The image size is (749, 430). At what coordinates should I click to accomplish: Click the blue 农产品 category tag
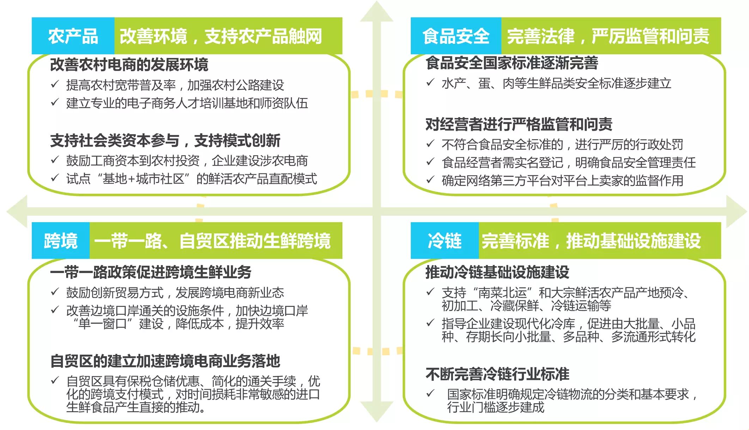(73, 36)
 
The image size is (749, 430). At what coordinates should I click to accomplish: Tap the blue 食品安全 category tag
(456, 36)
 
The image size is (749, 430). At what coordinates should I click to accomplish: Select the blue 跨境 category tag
(61, 241)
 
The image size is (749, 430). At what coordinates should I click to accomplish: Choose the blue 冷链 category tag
(444, 241)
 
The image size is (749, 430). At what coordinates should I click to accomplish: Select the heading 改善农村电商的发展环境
(129, 64)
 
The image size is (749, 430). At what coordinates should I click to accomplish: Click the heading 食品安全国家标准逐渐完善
(512, 63)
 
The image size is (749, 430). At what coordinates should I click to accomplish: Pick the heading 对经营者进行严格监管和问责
(519, 124)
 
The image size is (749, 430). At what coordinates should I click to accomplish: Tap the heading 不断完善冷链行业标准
(497, 374)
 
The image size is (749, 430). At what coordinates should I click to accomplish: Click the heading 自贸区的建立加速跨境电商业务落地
(165, 361)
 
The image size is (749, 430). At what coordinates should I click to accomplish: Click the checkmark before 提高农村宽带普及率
(55, 84)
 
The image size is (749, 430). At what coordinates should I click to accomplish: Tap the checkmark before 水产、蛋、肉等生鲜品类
(430, 82)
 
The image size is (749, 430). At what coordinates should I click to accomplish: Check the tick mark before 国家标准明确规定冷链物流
(430, 393)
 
